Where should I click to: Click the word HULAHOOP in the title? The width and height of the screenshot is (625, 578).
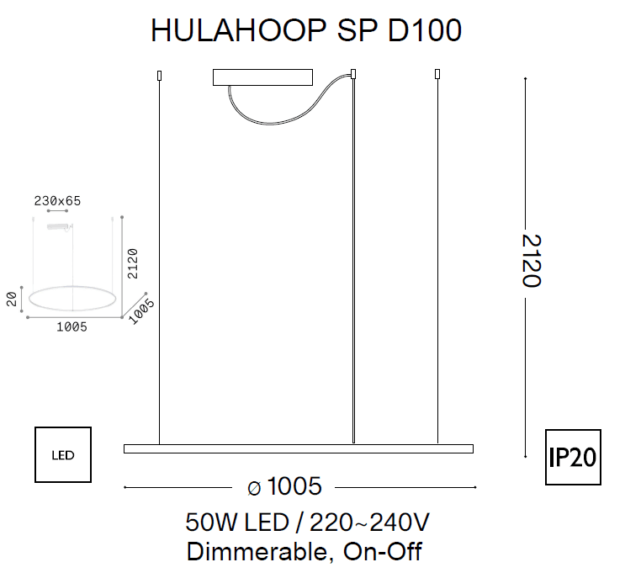tap(236, 31)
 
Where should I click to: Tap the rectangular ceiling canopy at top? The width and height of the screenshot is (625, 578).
tap(262, 77)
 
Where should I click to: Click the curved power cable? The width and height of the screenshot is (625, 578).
tap(278, 118)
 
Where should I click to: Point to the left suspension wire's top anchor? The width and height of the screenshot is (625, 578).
tap(159, 76)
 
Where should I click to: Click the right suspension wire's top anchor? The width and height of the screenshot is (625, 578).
tap(437, 74)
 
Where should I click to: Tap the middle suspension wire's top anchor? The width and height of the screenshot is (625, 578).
tap(353, 74)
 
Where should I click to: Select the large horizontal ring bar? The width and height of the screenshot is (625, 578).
tap(298, 448)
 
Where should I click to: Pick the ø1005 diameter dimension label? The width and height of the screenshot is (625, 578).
tap(285, 486)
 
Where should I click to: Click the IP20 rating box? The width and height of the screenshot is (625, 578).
tap(573, 458)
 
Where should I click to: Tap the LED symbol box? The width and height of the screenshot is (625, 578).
tap(63, 455)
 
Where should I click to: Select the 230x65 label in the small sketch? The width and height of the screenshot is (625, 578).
tap(57, 201)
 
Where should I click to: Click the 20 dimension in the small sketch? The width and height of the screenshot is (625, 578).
tap(12, 299)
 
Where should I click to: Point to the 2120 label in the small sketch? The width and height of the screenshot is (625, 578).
tap(132, 263)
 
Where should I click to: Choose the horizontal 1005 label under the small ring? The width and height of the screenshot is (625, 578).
tap(72, 327)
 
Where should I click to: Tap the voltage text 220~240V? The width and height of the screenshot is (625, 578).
tap(370, 522)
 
